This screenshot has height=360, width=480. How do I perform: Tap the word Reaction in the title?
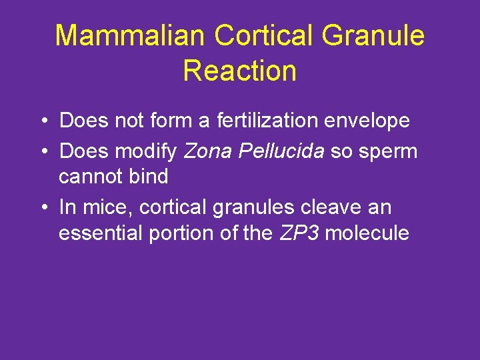[x=239, y=71]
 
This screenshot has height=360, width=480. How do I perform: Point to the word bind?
[x=150, y=177]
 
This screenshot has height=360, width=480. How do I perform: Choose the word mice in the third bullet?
[x=98, y=207]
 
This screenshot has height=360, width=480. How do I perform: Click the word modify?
[x=145, y=151]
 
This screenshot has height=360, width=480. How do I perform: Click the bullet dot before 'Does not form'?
[x=42, y=121]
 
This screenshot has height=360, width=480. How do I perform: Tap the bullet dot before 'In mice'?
[x=42, y=208]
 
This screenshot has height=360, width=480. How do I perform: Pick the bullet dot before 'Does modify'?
[x=42, y=152]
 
